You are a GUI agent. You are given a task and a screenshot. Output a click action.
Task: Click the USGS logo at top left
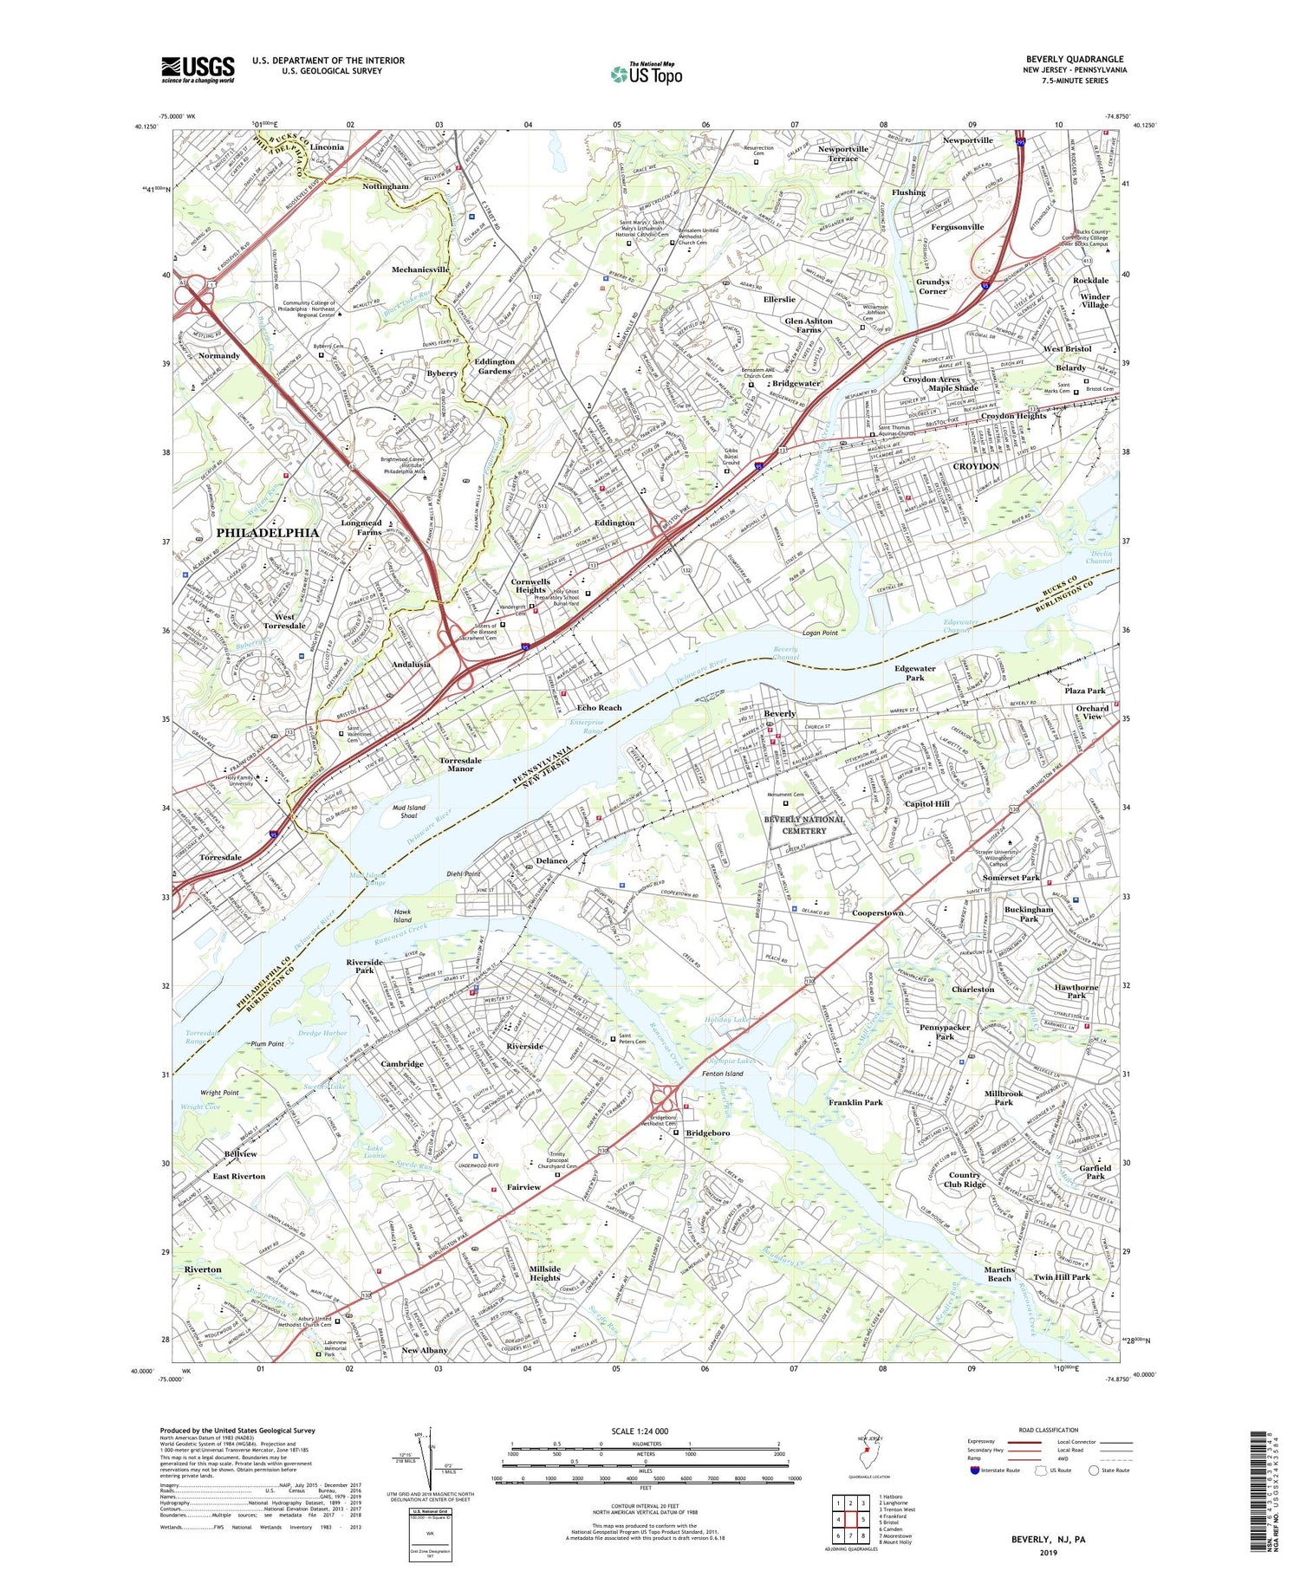pos(198,69)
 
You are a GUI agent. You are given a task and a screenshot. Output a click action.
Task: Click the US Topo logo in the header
pos(647,75)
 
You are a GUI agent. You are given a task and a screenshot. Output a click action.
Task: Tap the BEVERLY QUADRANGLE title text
pos(1074,59)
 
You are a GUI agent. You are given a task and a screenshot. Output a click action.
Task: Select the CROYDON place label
pos(976,466)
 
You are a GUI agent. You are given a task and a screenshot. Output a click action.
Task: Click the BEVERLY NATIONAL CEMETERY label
pos(805,825)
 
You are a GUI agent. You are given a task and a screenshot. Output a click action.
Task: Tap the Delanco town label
pos(551,860)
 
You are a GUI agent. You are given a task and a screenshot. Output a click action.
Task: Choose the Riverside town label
pos(524,1046)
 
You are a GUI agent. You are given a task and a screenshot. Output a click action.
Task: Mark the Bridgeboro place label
pos(707,1133)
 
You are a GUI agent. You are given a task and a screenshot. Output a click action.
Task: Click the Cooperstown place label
pos(877,912)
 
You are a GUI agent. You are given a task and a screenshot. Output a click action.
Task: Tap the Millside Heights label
pos(544,1273)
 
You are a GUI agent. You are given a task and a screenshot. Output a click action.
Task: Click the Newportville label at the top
pos(967,140)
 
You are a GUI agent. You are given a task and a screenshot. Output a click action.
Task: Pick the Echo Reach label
pos(599,707)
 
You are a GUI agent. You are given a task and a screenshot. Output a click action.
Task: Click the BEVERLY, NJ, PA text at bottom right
pos(1048,1540)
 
